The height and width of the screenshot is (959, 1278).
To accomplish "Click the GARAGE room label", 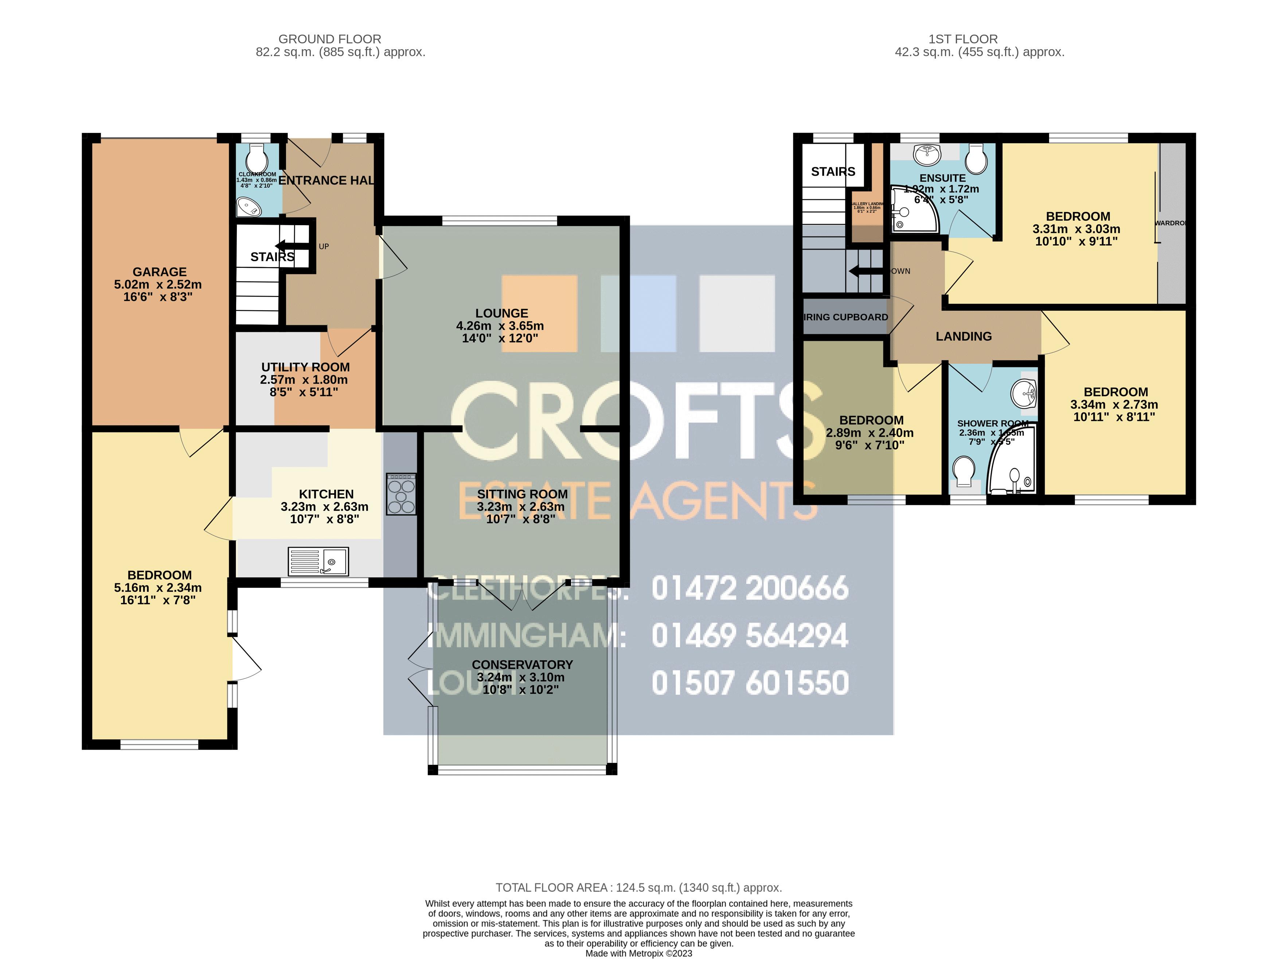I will tap(160, 271).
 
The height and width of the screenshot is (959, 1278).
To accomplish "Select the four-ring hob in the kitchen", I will tap(401, 494).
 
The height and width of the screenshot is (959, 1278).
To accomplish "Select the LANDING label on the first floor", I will tap(963, 336).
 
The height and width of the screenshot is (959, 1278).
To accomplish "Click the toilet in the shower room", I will tap(962, 471).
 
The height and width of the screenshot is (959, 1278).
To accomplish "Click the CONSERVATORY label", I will tap(522, 664).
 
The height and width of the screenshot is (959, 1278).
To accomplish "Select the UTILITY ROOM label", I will tap(305, 367).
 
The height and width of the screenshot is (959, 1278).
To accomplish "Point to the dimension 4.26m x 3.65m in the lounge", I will tap(500, 326).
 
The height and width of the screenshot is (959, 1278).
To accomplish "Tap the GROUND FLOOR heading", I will tap(329, 39).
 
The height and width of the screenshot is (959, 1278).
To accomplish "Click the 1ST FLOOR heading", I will tap(962, 39).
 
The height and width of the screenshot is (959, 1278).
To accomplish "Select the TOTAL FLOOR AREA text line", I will tap(638, 887).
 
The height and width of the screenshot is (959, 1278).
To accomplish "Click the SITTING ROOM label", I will tap(522, 494).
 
